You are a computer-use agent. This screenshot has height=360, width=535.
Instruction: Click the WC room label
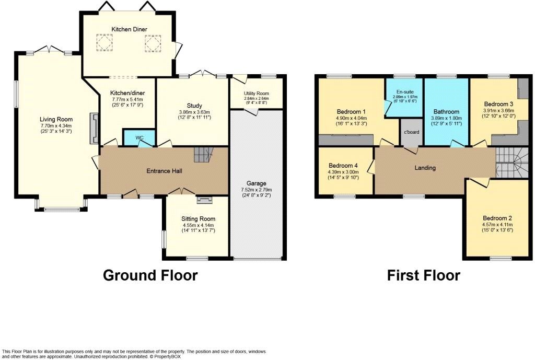(139, 138)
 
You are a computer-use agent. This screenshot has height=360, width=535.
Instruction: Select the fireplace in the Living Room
(94, 129)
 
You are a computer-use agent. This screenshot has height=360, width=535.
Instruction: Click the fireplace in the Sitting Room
(202, 199)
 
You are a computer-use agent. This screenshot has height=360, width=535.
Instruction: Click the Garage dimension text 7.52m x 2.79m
(257, 190)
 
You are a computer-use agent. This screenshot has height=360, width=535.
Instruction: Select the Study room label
(194, 106)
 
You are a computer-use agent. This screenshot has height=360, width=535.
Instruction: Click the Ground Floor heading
(150, 275)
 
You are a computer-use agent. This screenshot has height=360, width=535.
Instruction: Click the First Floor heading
(423, 275)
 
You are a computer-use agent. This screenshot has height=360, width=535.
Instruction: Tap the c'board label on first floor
(412, 132)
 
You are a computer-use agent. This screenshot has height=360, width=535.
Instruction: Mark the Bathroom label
(446, 112)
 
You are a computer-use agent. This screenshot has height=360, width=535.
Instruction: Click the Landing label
(425, 168)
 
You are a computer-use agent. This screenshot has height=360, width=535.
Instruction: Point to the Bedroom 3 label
(495, 104)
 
